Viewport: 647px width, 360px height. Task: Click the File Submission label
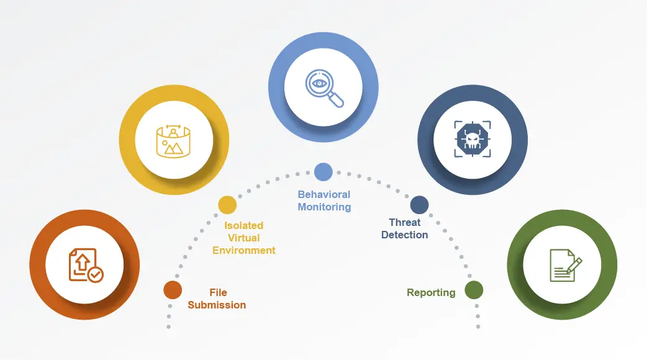217,299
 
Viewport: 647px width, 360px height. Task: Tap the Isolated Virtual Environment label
243,238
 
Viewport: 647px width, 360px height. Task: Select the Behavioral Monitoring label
324,200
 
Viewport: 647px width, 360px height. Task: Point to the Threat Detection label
404,228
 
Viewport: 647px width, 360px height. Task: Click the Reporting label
431,292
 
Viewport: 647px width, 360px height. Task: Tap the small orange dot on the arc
173,290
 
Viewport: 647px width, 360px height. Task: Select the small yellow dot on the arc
227,205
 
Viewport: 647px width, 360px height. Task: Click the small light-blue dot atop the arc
323,172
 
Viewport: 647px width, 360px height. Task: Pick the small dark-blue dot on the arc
420,205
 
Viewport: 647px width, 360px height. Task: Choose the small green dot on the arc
474,289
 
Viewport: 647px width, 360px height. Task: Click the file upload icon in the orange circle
85,265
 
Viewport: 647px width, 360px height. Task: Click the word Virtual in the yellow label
243,238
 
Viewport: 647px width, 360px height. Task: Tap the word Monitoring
324,207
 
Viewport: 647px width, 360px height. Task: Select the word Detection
404,235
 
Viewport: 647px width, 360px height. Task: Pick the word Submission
217,305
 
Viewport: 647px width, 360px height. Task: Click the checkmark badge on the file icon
96,274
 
